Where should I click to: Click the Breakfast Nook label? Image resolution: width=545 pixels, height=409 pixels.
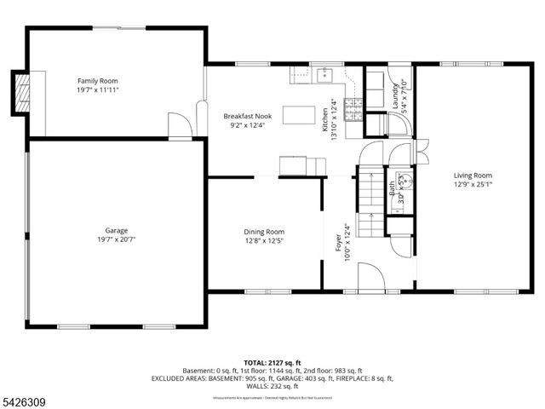click(x=247, y=115)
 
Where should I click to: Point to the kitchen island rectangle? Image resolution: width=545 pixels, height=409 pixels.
click(x=298, y=114)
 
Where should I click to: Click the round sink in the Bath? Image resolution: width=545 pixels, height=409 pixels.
click(x=407, y=180)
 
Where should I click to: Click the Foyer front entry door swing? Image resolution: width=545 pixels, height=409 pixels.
click(x=369, y=277)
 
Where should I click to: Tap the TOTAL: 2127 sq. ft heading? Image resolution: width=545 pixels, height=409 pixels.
click(x=272, y=363)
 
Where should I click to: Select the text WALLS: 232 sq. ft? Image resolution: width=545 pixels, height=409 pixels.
click(x=272, y=386)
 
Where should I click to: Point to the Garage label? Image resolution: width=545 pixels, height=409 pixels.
click(x=116, y=231)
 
